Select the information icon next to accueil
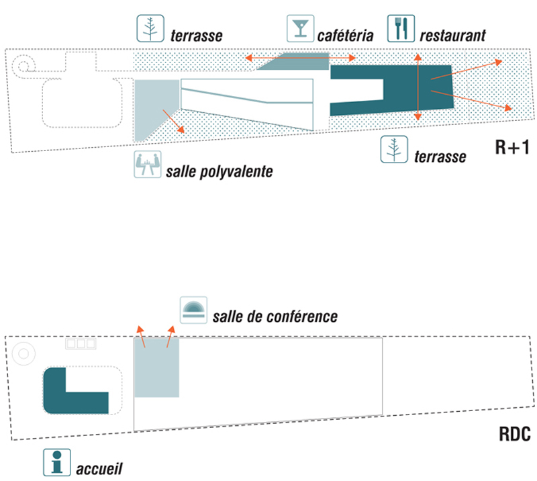(56, 461)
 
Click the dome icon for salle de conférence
(195, 309)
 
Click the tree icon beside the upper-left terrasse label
(150, 28)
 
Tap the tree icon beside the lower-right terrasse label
(394, 149)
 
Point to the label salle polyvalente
(218, 171)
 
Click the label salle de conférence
(275, 316)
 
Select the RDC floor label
(515, 435)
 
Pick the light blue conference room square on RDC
(157, 368)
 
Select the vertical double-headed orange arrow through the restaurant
(418, 87)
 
